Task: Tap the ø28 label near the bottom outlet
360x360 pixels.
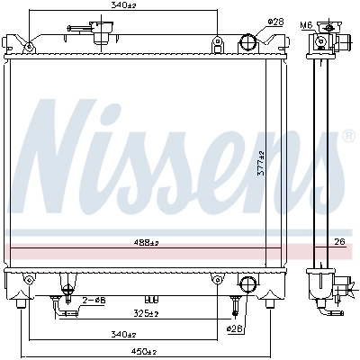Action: click(x=236, y=329)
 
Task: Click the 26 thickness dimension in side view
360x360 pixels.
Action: click(x=338, y=240)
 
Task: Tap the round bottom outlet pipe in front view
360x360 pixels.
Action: click(x=247, y=284)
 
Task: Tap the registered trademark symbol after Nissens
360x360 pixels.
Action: click(x=348, y=137)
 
